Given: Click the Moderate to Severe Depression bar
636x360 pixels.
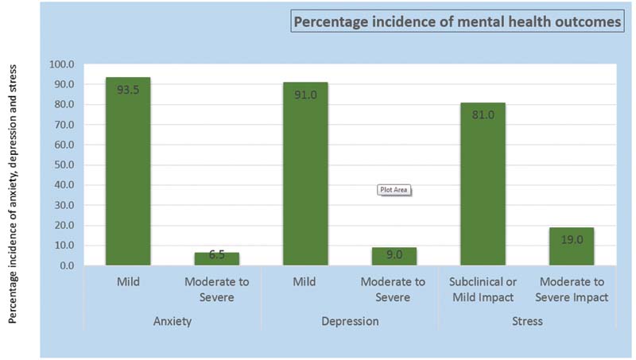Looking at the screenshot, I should (x=394, y=257).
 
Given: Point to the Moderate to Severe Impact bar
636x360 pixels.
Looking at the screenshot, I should (x=572, y=246).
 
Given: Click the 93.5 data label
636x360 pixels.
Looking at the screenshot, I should (x=128, y=90).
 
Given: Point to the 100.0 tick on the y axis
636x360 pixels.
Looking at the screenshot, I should (x=62, y=64).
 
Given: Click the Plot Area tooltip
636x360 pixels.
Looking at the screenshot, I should (x=394, y=190).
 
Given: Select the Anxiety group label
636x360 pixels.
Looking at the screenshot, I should (x=173, y=321).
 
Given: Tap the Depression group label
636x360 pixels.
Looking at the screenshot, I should (x=350, y=321).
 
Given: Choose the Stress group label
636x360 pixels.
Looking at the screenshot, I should (x=527, y=321).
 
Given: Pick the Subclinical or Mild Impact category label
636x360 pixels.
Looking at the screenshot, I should (x=483, y=289).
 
